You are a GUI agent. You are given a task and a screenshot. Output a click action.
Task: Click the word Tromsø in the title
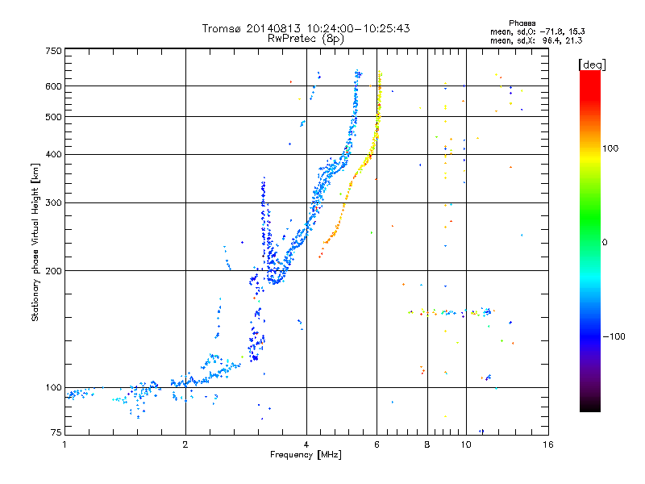(x=223, y=28)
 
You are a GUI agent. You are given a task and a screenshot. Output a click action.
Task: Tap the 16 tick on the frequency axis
(x=547, y=444)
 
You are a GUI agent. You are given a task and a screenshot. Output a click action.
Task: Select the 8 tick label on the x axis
(x=427, y=444)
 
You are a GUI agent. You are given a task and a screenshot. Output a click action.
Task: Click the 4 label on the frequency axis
(x=306, y=444)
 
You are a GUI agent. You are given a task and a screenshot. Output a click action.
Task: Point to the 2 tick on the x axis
(x=185, y=444)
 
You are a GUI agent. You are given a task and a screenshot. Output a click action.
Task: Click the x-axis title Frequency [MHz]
(x=306, y=455)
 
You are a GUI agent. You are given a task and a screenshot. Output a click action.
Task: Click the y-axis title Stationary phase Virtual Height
(x=35, y=242)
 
